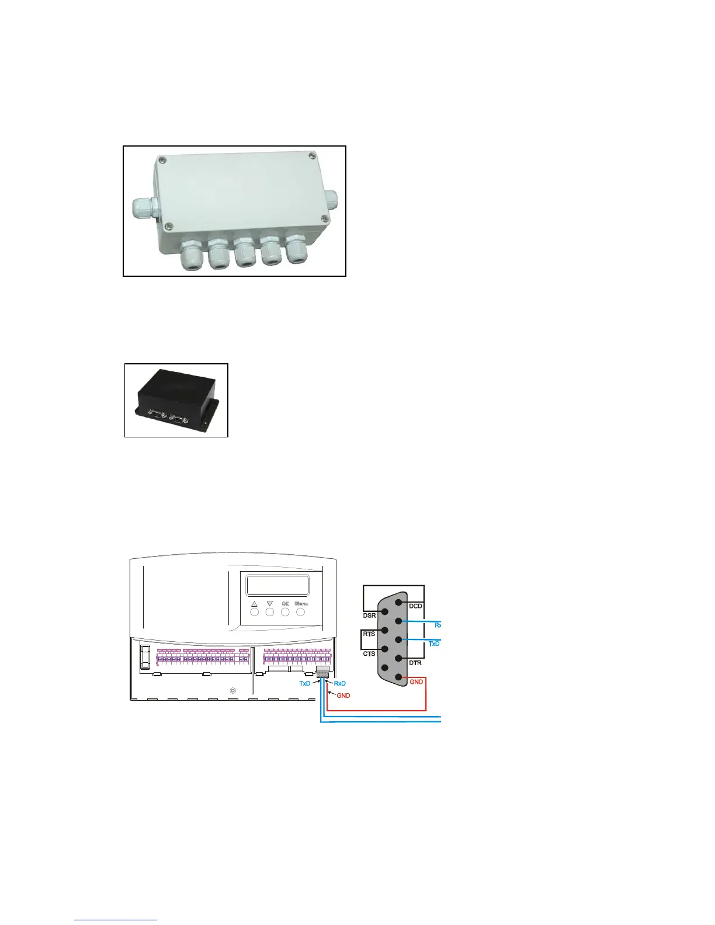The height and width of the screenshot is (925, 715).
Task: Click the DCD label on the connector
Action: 415,606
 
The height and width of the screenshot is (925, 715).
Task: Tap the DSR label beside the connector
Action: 370,615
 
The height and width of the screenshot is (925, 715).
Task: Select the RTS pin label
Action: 369,634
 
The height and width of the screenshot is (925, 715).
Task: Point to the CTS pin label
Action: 369,653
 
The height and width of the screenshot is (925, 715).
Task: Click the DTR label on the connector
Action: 415,663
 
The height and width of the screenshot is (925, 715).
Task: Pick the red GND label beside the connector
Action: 416,681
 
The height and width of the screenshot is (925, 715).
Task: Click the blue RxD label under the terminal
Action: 339,683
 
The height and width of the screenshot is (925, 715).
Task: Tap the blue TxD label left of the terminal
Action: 305,683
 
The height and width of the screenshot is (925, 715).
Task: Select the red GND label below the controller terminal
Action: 343,696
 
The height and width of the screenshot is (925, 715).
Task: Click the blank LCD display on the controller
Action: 277,585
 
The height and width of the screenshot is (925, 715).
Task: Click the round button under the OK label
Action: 285,613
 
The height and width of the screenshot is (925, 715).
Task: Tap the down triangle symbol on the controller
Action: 270,604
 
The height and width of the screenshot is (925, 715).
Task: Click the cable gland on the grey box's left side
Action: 142,206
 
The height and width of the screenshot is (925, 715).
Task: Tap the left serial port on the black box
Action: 155,413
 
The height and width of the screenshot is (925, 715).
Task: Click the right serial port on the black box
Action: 178,419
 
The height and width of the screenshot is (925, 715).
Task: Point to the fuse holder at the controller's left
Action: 144,656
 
